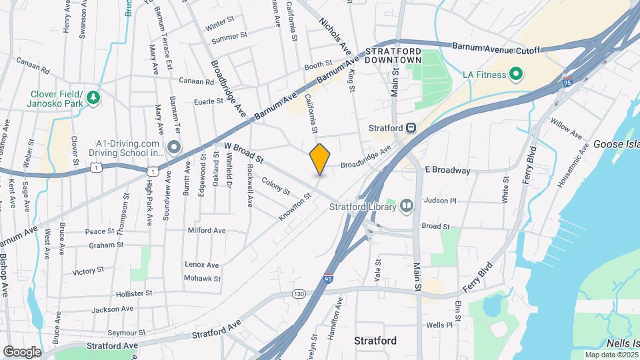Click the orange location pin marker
click(x=320, y=159)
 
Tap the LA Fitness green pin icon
click(x=515, y=74)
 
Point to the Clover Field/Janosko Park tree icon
click(x=93, y=97)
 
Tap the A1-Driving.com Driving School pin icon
click(x=174, y=147)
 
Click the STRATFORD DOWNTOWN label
click(x=393, y=55)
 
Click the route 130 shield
click(x=299, y=293)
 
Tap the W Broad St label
click(x=245, y=153)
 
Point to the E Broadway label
click(x=447, y=171)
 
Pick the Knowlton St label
click(x=296, y=206)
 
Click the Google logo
click(x=21, y=352)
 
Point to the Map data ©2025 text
click(x=611, y=355)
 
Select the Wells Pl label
click(x=439, y=325)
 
